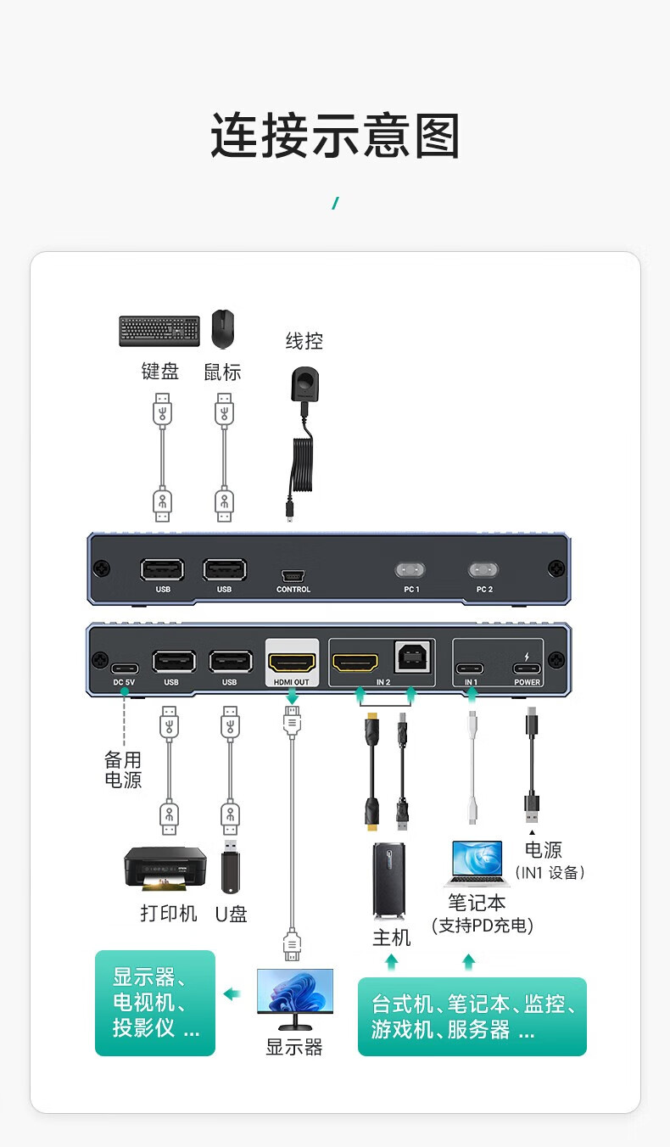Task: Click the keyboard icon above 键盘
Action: coord(159,331)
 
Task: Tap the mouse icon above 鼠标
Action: coord(223,329)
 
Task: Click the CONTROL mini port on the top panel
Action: coord(293,573)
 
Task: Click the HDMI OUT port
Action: coord(293,662)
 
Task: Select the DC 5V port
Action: coord(124,666)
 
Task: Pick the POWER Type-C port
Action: coord(527,666)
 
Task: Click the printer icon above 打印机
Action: coord(165,869)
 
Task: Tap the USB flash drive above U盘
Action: coord(230,866)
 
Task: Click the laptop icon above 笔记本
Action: coord(476,864)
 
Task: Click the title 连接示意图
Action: coord(335,136)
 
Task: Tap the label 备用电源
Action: coord(123,770)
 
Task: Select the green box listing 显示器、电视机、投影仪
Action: coord(155,1003)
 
